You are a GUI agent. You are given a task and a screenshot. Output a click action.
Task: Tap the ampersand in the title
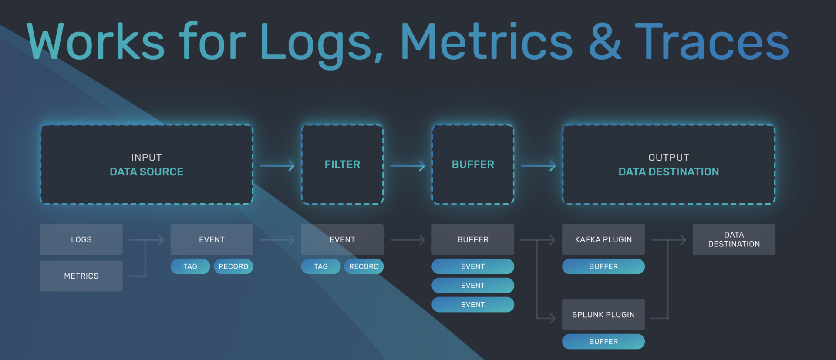click(605, 42)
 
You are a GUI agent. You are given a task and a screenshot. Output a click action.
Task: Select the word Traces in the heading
click(712, 42)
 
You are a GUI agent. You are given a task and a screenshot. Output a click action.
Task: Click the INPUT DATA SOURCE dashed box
click(147, 165)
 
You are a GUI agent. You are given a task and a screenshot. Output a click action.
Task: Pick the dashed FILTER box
click(342, 165)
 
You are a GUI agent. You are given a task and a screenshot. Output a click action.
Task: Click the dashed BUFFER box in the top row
click(473, 165)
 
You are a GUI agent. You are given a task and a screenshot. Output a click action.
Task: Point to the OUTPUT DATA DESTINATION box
click(669, 165)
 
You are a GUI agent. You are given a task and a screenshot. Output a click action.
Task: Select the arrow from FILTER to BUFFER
click(408, 166)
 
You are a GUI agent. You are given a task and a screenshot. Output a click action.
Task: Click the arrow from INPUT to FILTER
click(277, 166)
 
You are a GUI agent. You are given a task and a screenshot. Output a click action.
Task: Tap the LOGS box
click(81, 239)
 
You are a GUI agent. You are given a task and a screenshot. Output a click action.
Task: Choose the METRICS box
click(81, 276)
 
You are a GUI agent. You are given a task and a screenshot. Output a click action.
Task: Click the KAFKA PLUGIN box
click(603, 239)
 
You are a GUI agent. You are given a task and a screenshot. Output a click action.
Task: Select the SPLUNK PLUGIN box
click(603, 315)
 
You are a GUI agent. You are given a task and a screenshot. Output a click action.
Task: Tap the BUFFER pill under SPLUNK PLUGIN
click(603, 342)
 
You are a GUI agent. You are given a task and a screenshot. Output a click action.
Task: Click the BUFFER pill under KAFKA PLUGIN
click(603, 266)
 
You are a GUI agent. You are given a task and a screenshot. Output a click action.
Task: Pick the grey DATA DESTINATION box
click(734, 239)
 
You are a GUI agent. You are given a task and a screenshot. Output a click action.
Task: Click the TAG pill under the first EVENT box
click(190, 266)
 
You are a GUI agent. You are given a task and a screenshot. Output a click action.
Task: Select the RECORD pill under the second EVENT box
click(364, 266)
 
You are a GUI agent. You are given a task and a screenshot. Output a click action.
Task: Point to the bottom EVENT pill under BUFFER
click(473, 305)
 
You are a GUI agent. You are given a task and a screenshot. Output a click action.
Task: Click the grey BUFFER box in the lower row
click(473, 239)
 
